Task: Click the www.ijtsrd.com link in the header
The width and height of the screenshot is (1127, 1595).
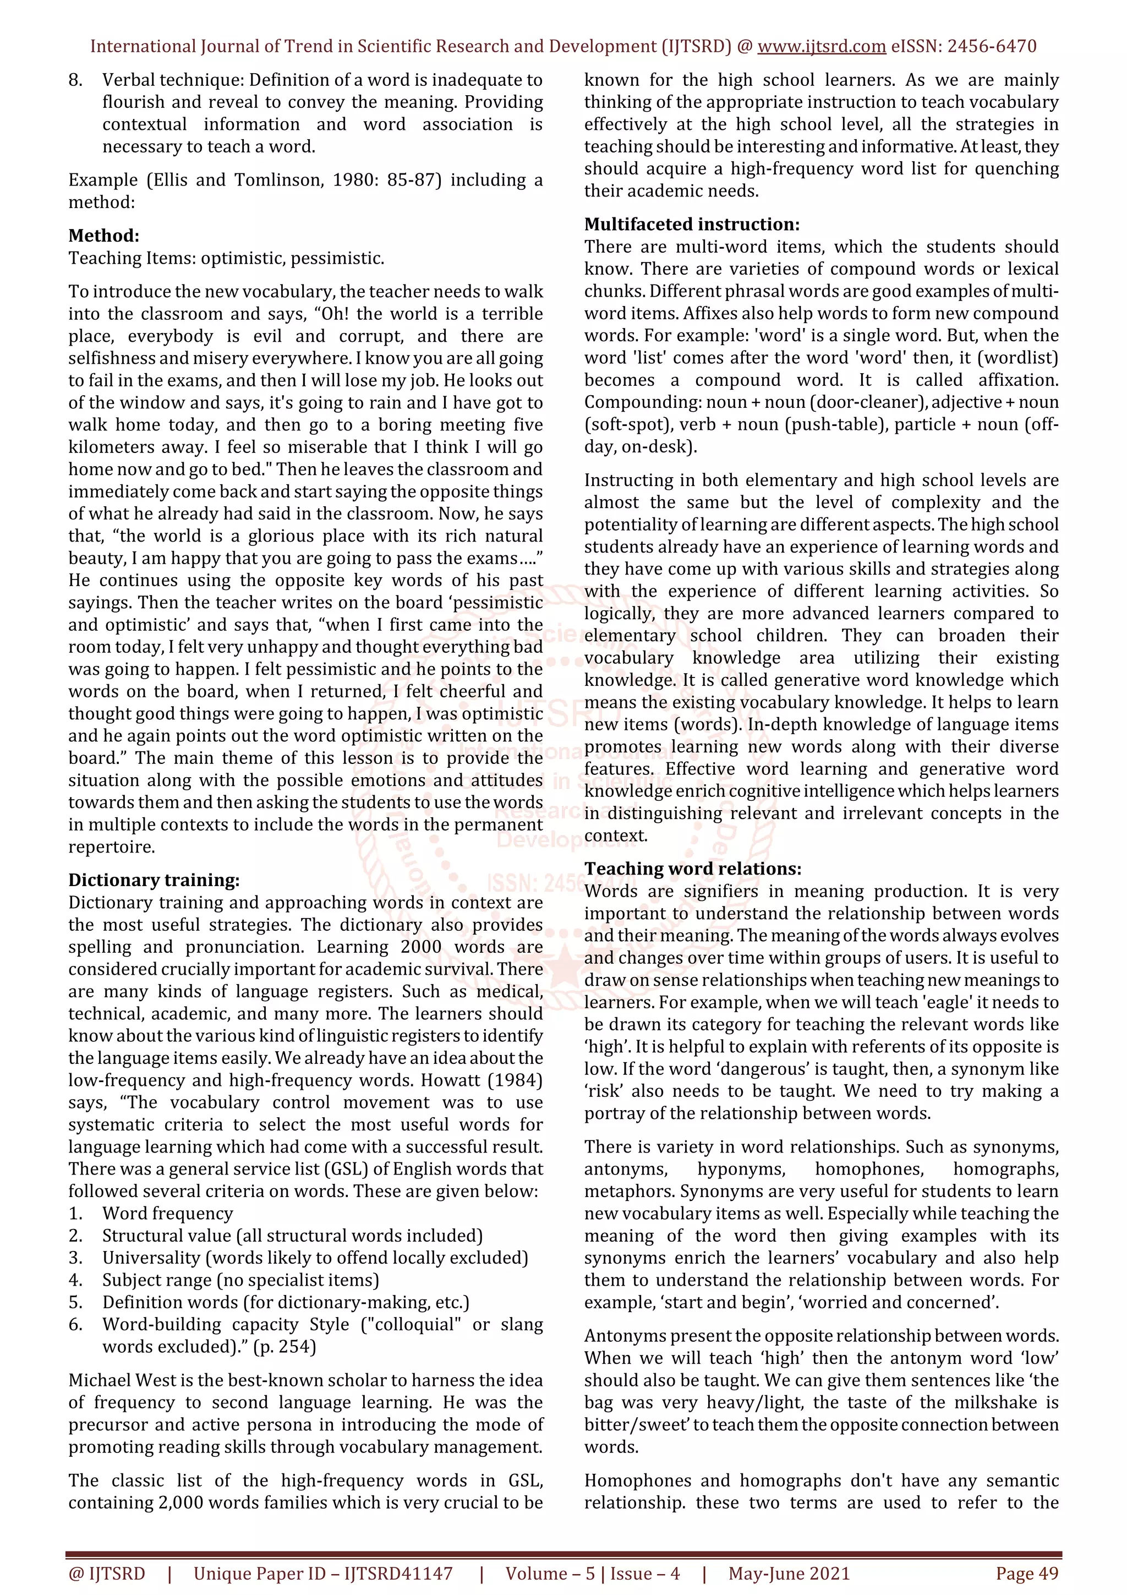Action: (x=821, y=47)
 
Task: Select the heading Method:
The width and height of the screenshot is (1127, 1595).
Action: (x=103, y=236)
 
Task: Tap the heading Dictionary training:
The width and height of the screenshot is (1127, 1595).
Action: (x=154, y=880)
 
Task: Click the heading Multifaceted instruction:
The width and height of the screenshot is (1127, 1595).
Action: (x=692, y=225)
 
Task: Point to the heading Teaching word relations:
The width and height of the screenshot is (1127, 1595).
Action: (x=692, y=868)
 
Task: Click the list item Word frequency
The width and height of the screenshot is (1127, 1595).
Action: (x=167, y=1213)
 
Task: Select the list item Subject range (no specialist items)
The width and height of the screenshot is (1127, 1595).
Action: (x=240, y=1280)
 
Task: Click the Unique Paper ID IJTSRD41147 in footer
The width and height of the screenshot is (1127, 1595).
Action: (x=323, y=1574)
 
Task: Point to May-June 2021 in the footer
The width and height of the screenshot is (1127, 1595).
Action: (x=789, y=1574)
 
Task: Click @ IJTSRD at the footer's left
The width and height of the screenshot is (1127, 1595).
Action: (x=106, y=1574)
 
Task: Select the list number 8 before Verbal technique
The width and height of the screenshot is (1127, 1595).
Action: (x=75, y=80)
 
